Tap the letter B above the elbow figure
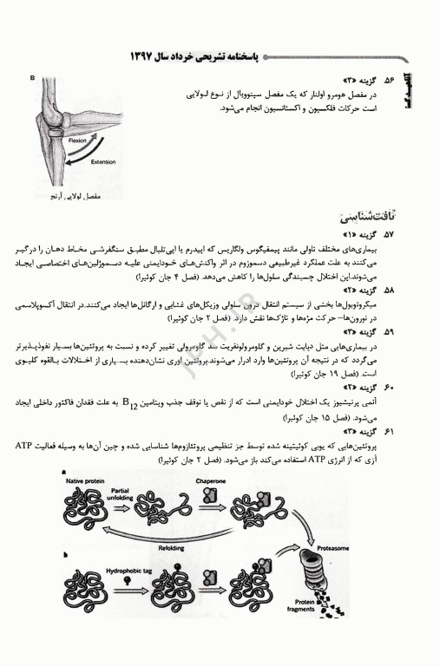(x=31, y=79)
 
